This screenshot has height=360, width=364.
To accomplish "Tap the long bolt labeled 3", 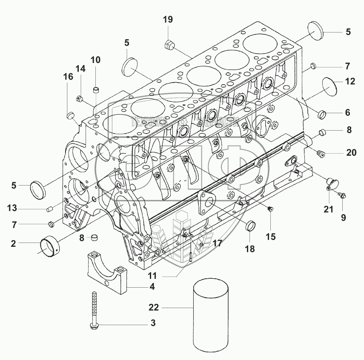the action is [93, 310].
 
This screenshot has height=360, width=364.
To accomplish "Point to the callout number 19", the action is [168, 19].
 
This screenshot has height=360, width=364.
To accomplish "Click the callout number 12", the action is [350, 81].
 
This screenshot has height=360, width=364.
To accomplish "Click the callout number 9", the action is [343, 217].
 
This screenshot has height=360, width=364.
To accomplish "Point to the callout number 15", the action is [271, 236].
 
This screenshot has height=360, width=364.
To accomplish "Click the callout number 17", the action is [218, 243].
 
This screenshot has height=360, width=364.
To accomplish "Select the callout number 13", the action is [11, 208].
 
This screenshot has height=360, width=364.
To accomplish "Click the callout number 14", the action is [81, 69].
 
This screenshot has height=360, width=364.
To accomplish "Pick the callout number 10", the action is [95, 60].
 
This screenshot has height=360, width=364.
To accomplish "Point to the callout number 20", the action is [351, 152].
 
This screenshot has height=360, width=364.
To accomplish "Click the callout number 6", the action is [347, 113].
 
